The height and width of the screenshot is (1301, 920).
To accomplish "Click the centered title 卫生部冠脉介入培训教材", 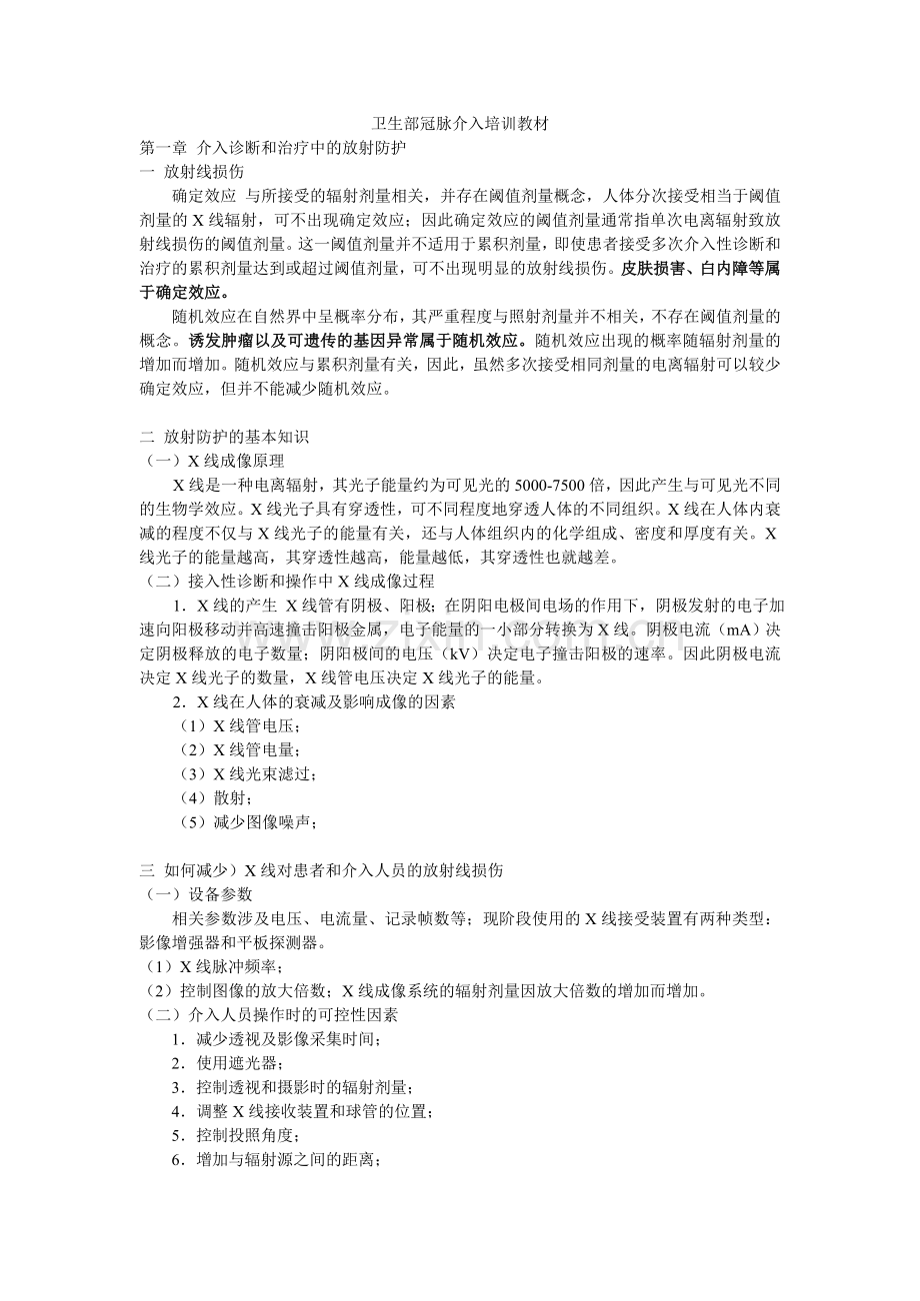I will tap(459, 125).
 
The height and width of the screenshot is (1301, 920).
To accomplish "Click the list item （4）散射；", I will tap(210, 798).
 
